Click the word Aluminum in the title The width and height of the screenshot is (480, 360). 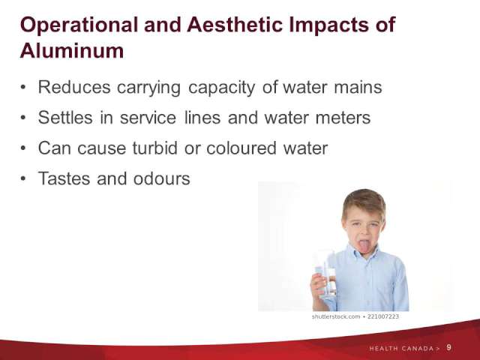pos(72,50)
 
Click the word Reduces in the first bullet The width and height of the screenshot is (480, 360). pos(74,87)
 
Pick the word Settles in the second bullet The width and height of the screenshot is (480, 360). pos(65,118)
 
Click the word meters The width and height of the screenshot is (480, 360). pos(343,118)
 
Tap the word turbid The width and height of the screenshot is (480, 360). pos(155,148)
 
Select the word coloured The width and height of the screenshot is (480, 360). pos(241,148)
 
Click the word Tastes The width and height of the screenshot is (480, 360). pos(64,178)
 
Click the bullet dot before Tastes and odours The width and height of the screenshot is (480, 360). pos(23,178)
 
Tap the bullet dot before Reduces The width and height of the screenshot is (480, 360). pos(23,87)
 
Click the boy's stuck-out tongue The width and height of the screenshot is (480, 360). pos(364,247)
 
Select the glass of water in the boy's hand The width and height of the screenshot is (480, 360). pos(326,274)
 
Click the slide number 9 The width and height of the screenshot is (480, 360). pos(448,348)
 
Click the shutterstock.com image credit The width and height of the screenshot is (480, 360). pos(336,316)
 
